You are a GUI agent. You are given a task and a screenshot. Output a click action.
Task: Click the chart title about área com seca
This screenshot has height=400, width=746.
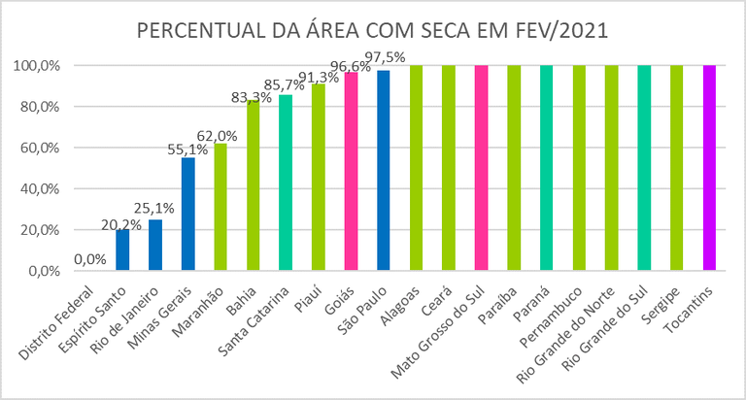373,30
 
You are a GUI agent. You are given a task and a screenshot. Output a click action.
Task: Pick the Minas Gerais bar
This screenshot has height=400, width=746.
187,215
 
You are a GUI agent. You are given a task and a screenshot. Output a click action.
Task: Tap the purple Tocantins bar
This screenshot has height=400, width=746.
709,169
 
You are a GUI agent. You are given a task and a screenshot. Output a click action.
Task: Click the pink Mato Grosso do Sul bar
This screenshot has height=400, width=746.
481,169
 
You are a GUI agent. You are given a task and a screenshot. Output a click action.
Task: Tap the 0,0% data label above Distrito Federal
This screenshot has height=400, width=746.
90,260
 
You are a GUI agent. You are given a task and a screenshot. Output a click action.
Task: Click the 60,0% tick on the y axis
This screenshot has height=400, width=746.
35,149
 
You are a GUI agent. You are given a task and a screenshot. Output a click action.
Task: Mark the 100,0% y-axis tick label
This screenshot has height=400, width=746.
34,66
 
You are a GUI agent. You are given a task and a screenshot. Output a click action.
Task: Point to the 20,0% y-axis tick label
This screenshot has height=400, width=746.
35,231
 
